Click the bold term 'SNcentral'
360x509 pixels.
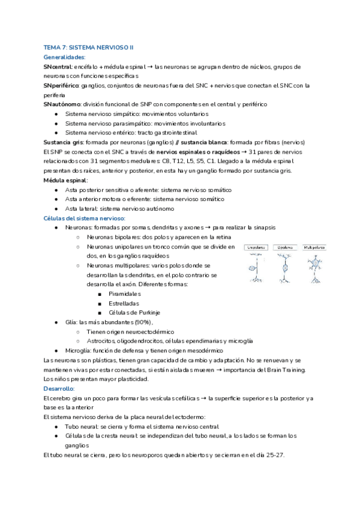(58, 67)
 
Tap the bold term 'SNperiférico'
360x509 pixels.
(62, 86)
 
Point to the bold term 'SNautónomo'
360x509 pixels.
(62, 104)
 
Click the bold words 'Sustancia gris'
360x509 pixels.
(64, 142)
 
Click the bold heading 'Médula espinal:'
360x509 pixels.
(66, 180)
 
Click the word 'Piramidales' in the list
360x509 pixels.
(125, 294)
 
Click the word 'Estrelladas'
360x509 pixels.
(124, 303)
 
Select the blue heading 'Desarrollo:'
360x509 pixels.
(59, 388)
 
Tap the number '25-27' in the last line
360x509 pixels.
(274, 454)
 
